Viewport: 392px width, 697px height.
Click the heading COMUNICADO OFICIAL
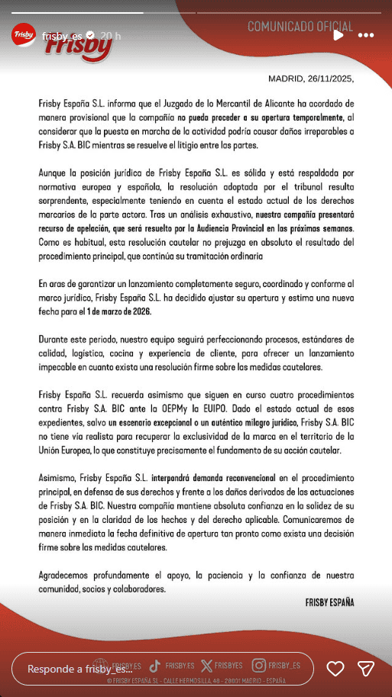pos(300,27)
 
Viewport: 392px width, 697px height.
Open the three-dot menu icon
pos(366,35)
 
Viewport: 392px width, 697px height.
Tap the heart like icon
pos(335,668)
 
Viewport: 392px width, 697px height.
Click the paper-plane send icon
pos(366,668)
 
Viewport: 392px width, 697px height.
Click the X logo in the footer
pos(206,665)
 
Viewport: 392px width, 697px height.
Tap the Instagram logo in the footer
pos(260,665)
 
